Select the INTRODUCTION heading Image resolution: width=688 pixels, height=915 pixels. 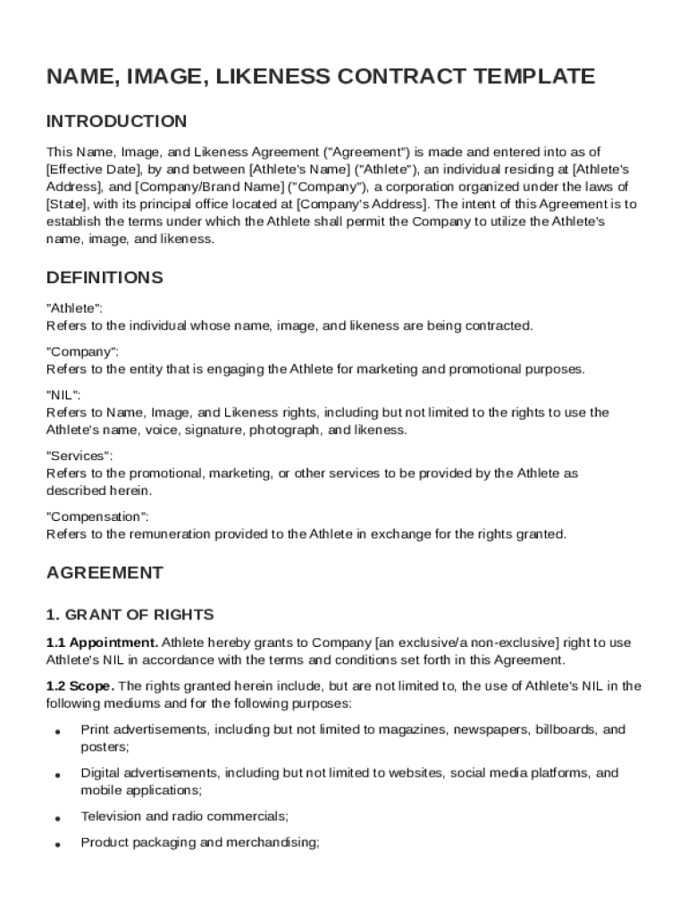(117, 122)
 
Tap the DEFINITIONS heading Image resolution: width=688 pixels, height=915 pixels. (105, 278)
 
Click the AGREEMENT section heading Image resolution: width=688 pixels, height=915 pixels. (105, 573)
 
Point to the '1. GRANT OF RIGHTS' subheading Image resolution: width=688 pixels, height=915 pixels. (130, 615)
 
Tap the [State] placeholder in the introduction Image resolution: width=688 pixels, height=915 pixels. (66, 204)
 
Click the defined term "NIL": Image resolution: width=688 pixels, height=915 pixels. (63, 394)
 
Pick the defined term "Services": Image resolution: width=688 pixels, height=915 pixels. (80, 456)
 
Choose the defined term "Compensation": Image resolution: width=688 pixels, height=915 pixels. (97, 516)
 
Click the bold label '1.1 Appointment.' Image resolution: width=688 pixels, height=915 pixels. (103, 642)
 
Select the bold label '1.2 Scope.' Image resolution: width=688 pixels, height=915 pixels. (80, 686)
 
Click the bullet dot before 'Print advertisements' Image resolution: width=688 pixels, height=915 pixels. (57, 731)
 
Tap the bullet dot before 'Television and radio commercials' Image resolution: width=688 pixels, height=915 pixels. (57, 818)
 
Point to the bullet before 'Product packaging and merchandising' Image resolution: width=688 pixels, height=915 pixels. (57, 844)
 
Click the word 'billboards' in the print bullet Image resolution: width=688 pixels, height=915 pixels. (565, 729)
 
